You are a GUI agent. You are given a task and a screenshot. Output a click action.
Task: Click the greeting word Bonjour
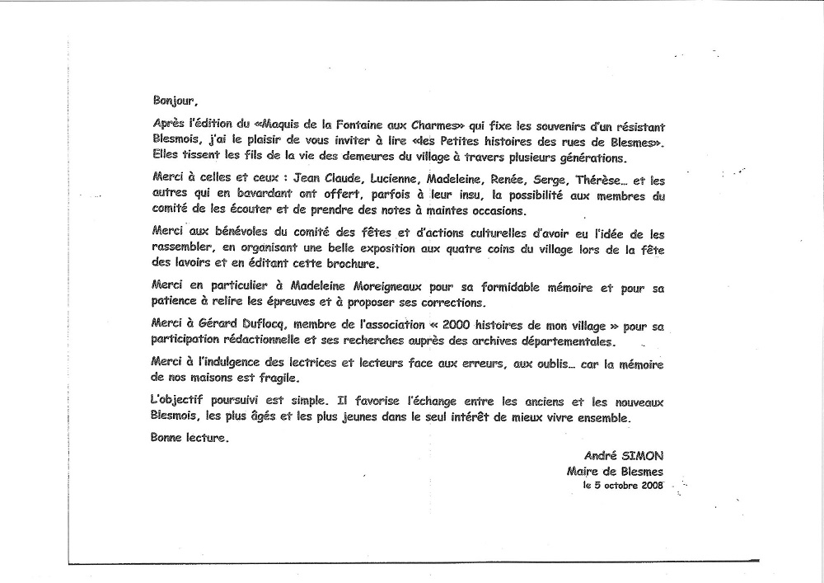175,101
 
